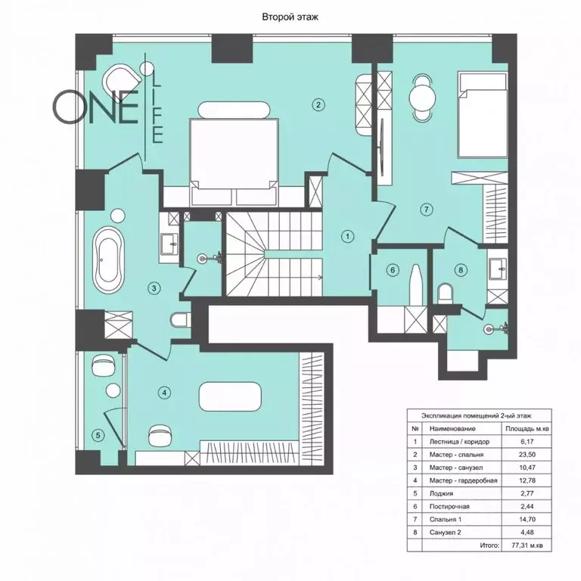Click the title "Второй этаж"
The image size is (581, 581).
(x=290, y=17)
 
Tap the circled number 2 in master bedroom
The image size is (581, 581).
(x=318, y=104)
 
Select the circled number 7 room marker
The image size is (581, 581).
(x=427, y=210)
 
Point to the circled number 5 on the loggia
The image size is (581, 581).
(x=98, y=435)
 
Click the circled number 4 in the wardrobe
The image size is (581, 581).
(x=164, y=392)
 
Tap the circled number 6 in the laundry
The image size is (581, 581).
(x=393, y=270)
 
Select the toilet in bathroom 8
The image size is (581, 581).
(x=445, y=293)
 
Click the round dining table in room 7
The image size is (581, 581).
(x=422, y=98)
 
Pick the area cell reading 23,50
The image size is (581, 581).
(x=527, y=455)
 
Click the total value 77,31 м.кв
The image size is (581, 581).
(x=527, y=545)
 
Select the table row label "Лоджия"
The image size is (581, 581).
(x=441, y=493)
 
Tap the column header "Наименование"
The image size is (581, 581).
(x=452, y=429)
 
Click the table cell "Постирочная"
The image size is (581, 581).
(x=449, y=507)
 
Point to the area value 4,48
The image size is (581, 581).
(x=527, y=533)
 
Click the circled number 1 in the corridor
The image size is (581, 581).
(x=347, y=236)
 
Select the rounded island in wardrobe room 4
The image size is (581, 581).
(x=230, y=396)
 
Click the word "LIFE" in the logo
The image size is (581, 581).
(x=157, y=108)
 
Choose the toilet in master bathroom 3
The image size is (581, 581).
(x=181, y=320)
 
